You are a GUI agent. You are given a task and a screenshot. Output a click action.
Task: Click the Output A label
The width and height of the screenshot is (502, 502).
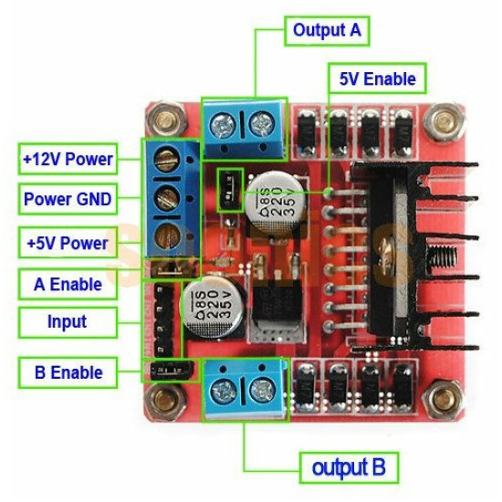pos(327,30)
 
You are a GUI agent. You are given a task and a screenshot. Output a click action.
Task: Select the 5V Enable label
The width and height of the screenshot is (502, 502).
pos(377,78)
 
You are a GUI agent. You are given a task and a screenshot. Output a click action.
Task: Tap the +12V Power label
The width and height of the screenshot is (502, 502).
pos(68,159)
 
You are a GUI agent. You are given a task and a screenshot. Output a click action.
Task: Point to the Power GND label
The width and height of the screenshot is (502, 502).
pos(68,198)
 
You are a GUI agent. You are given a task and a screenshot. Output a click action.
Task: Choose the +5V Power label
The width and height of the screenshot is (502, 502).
pos(68,243)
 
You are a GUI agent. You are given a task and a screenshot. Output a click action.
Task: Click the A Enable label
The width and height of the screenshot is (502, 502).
pos(68,284)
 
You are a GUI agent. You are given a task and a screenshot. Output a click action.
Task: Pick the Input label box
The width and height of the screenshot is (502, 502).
pos(68,321)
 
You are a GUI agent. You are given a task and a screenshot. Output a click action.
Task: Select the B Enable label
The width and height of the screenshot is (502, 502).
pos(68,372)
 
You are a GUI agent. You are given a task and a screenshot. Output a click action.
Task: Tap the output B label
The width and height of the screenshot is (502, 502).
pos(349,468)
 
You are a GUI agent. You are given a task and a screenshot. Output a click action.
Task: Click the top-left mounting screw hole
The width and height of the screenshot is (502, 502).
pos(166,119)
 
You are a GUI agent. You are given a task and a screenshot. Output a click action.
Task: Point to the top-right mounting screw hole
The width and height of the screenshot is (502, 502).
pos(444,120)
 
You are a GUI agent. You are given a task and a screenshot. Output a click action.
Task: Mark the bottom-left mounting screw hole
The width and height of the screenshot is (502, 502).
pos(166,399)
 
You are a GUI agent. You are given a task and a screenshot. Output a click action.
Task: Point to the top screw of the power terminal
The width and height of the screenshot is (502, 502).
pos(166,161)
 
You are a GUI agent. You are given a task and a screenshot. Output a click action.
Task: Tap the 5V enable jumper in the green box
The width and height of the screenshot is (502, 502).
pos(231,188)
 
